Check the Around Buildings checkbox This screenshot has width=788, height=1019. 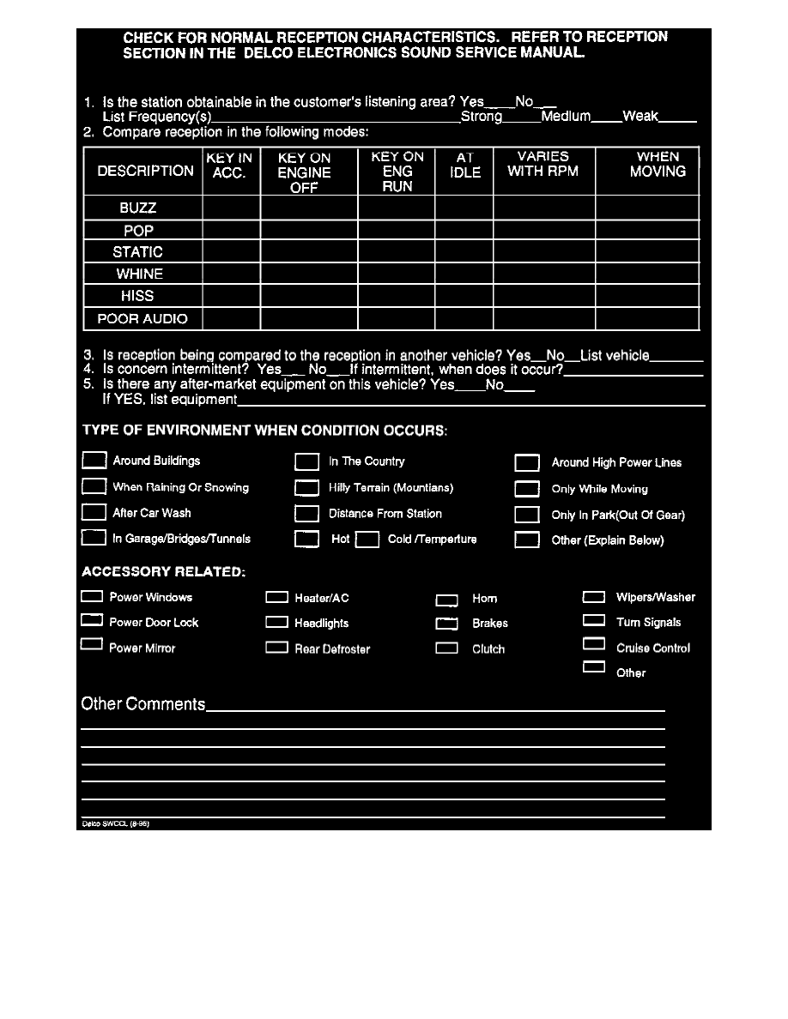point(94,461)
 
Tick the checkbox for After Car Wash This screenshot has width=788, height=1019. point(94,513)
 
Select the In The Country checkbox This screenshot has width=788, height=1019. point(306,462)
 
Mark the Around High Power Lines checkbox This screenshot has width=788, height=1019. point(526,463)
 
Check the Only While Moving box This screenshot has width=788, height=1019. point(526,490)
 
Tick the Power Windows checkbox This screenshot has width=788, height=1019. point(92,596)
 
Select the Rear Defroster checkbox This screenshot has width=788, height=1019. point(276,648)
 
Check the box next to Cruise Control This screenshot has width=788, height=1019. point(594,645)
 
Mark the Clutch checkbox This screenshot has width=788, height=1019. point(446,649)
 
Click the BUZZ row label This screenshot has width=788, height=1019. point(137,208)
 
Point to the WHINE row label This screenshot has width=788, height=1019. point(139,274)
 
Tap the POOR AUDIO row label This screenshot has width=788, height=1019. point(142,319)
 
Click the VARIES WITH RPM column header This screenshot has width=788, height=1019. point(543,164)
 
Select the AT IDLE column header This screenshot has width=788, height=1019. point(464,165)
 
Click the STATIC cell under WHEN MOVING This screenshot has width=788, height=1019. point(647,252)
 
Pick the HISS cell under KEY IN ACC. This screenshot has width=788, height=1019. point(231,296)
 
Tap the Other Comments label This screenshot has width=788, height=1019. point(143,704)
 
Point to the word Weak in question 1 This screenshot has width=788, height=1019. point(640,117)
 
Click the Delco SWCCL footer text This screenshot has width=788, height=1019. point(109,823)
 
